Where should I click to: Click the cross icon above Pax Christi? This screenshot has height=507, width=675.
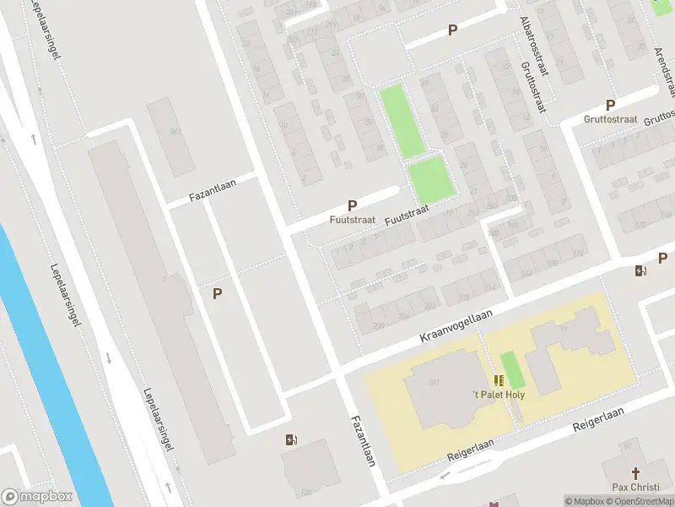click(636, 473)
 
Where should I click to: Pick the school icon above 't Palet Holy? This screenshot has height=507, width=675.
click(499, 381)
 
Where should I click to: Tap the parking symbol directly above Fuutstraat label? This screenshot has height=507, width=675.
click(352, 205)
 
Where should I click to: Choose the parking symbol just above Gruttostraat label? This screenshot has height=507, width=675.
click(610, 106)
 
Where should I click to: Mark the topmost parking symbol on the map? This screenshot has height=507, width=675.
click(452, 30)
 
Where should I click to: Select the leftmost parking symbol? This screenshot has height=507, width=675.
click(217, 293)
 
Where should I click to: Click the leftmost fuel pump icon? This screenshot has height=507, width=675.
click(291, 439)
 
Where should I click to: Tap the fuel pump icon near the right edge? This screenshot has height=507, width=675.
click(641, 270)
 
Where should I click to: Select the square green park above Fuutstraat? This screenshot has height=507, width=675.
click(431, 180)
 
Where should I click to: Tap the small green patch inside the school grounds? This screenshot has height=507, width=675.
click(509, 370)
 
